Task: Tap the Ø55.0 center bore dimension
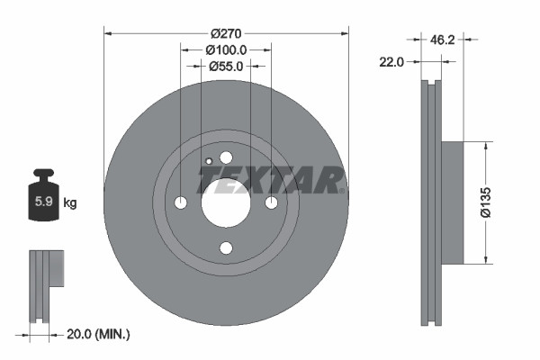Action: [x=227, y=66]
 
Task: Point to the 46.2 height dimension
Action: [x=442, y=40]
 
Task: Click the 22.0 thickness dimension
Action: [x=391, y=61]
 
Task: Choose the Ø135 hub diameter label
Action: [x=506, y=202]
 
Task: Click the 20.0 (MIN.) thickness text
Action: [x=99, y=334]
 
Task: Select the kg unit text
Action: [x=69, y=203]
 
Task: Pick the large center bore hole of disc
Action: [x=226, y=202]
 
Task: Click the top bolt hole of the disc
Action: [x=226, y=157]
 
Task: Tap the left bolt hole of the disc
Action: [x=181, y=202]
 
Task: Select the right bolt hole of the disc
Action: [x=271, y=202]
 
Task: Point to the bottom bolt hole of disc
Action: [x=226, y=247]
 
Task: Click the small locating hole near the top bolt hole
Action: [x=208, y=162]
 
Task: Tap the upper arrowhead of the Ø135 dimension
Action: [x=487, y=145]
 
